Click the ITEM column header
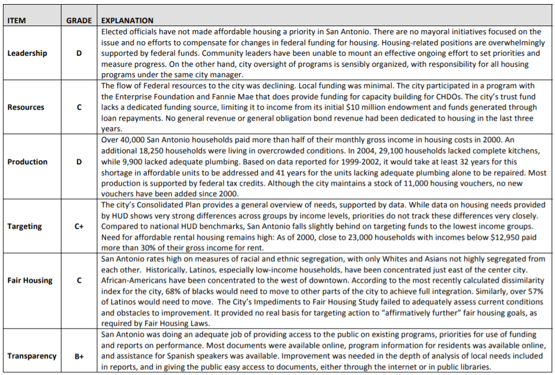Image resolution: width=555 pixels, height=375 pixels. (x=17, y=20)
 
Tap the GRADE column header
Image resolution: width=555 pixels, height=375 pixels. (x=79, y=20)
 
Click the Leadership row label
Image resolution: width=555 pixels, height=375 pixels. (x=27, y=53)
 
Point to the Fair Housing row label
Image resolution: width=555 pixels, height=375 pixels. (x=30, y=280)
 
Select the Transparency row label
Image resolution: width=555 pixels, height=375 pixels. (x=32, y=356)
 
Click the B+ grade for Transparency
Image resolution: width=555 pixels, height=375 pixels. (x=79, y=356)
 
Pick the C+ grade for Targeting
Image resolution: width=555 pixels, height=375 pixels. (x=79, y=226)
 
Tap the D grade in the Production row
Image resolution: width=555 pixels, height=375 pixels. (x=79, y=161)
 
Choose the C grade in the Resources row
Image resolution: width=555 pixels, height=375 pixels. (x=79, y=107)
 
